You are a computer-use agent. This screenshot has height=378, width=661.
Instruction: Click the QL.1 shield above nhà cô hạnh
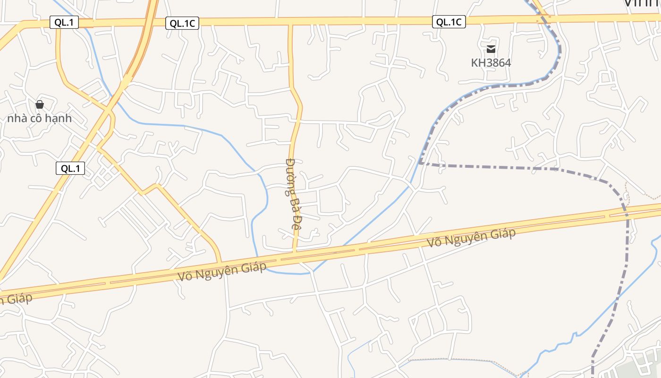pos(64,22)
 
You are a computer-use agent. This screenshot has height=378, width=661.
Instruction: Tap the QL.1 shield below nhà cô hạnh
pos(70,168)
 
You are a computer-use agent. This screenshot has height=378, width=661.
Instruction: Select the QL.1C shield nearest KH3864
pos(449,22)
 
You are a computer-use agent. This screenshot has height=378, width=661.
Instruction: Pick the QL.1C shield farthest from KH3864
pos(182,23)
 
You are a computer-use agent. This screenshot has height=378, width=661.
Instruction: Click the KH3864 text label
pos(491,62)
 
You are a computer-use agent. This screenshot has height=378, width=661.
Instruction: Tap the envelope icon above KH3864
pos(491,49)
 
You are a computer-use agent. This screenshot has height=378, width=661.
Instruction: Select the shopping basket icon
pos(40,104)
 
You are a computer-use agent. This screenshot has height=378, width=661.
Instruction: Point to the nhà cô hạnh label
pos(40,118)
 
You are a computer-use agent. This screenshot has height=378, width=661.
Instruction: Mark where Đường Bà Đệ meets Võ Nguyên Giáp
pos(294,252)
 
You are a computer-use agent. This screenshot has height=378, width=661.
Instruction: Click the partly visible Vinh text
pos(642,3)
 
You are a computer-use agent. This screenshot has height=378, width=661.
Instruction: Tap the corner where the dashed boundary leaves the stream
pos(420,163)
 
